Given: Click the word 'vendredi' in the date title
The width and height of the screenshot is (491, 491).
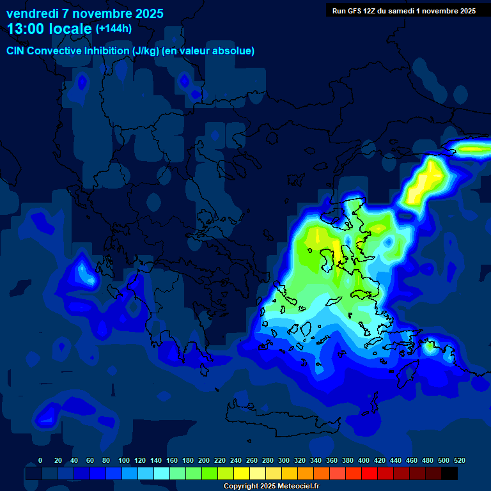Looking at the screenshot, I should [x=28, y=13].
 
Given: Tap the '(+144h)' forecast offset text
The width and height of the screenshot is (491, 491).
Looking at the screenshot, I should [x=114, y=28].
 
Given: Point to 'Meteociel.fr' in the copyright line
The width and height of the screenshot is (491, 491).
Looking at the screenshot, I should [x=298, y=487].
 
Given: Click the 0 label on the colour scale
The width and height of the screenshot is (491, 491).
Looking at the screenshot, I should [x=40, y=460].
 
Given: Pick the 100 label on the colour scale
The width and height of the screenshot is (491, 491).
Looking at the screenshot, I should [x=124, y=460].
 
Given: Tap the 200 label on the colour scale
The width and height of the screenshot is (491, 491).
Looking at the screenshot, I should [x=204, y=460].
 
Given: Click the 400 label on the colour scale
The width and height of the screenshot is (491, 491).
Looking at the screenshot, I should [x=364, y=460].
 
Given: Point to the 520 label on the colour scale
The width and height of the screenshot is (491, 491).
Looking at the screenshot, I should [x=459, y=460].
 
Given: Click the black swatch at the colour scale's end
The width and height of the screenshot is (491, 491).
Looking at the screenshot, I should [x=449, y=474].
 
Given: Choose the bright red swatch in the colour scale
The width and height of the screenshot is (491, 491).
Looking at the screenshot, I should [x=370, y=474].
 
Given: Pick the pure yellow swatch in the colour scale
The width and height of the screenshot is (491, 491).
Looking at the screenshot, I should [x=242, y=474].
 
